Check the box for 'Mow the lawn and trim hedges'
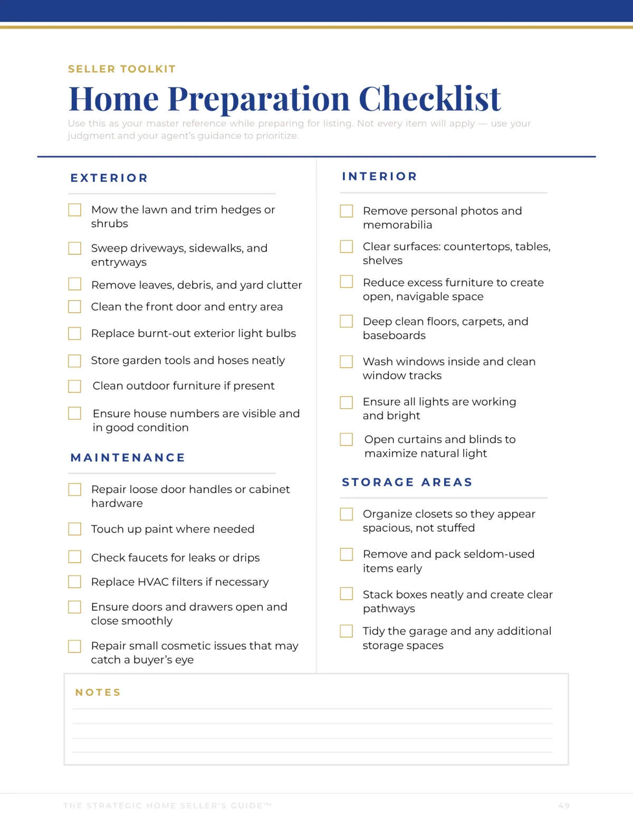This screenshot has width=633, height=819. tap(75, 210)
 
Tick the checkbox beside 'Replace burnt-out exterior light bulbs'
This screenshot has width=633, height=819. tap(75, 334)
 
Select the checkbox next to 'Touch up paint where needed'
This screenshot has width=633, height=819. tap(75, 529)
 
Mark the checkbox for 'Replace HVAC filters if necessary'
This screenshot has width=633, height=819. tap(75, 582)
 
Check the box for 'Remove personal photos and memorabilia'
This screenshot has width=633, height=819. tap(347, 211)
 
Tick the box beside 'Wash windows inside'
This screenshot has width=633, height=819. tap(347, 362)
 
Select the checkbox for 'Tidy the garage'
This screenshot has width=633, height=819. tap(347, 631)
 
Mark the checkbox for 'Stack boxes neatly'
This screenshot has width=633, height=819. tap(347, 594)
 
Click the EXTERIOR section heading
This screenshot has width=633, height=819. tap(109, 178)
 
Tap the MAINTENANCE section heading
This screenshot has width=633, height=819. tap(128, 458)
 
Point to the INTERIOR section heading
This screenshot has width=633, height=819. tap(379, 177)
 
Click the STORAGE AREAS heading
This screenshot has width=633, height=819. tap(407, 483)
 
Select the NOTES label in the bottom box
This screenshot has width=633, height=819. tap(98, 692)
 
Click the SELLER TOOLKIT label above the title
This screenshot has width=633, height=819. tap(122, 69)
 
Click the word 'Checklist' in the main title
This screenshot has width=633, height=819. tap(429, 99)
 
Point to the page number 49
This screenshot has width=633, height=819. tap(564, 806)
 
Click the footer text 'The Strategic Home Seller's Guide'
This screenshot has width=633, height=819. tap(167, 806)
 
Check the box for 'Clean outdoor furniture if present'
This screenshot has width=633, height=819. tap(75, 387)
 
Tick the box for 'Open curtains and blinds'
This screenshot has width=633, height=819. tap(347, 439)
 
